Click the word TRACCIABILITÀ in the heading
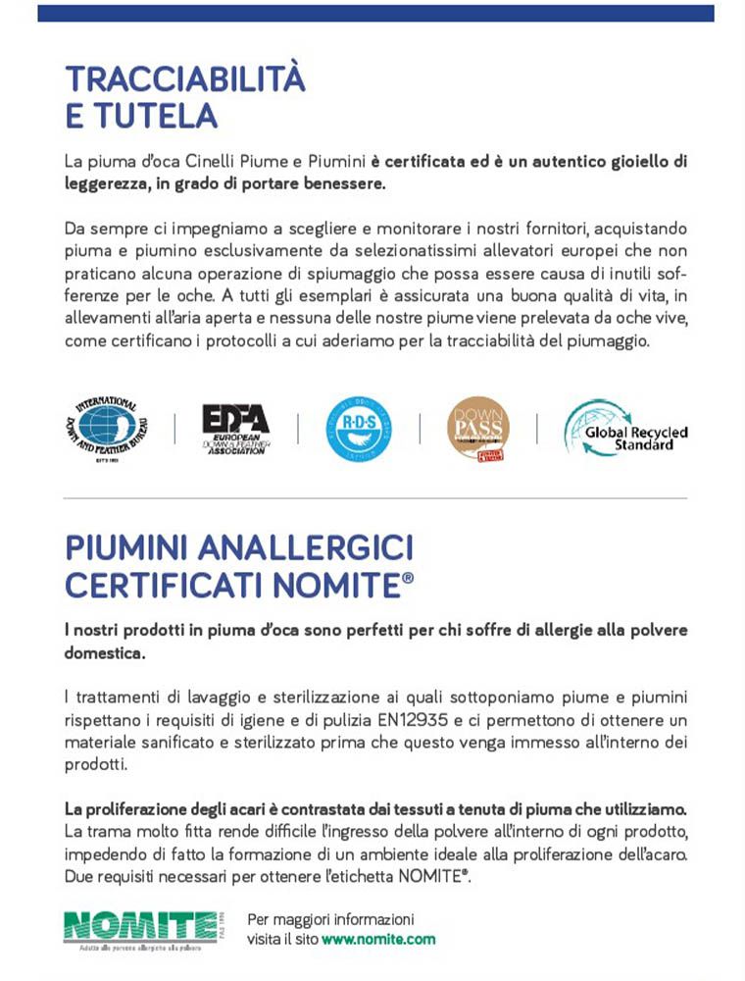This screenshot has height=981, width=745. point(184,78)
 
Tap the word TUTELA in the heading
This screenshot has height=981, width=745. point(154,116)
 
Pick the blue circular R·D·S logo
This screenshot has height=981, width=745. point(359,429)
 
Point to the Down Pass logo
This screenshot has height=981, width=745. point(477,429)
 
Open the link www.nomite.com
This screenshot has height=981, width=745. point(378,939)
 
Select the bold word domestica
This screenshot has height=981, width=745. point(105,652)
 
